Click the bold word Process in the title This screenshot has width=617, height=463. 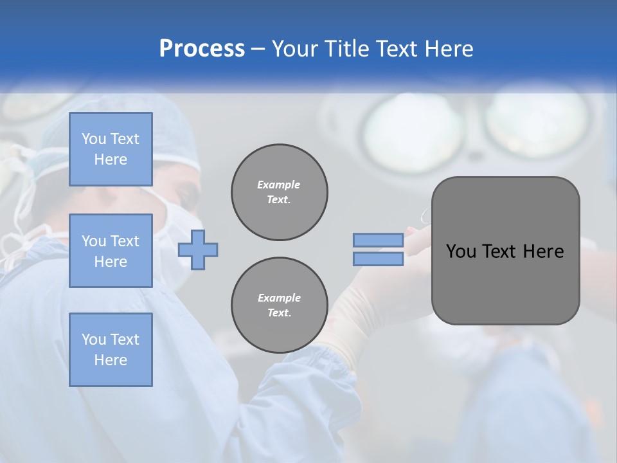[202, 49]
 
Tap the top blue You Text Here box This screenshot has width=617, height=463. [111, 149]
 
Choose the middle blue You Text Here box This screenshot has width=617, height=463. [111, 251]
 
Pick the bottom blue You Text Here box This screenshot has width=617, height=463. [111, 350]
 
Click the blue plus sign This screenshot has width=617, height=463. [198, 250]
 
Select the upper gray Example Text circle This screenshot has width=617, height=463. [279, 192]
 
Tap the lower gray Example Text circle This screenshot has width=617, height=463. [279, 305]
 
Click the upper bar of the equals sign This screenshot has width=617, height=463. [378, 240]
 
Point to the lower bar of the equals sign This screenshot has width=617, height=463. [378, 259]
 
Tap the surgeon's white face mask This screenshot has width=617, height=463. [168, 232]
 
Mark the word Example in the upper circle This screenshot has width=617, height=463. [279, 185]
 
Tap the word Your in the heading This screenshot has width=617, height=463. [293, 49]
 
